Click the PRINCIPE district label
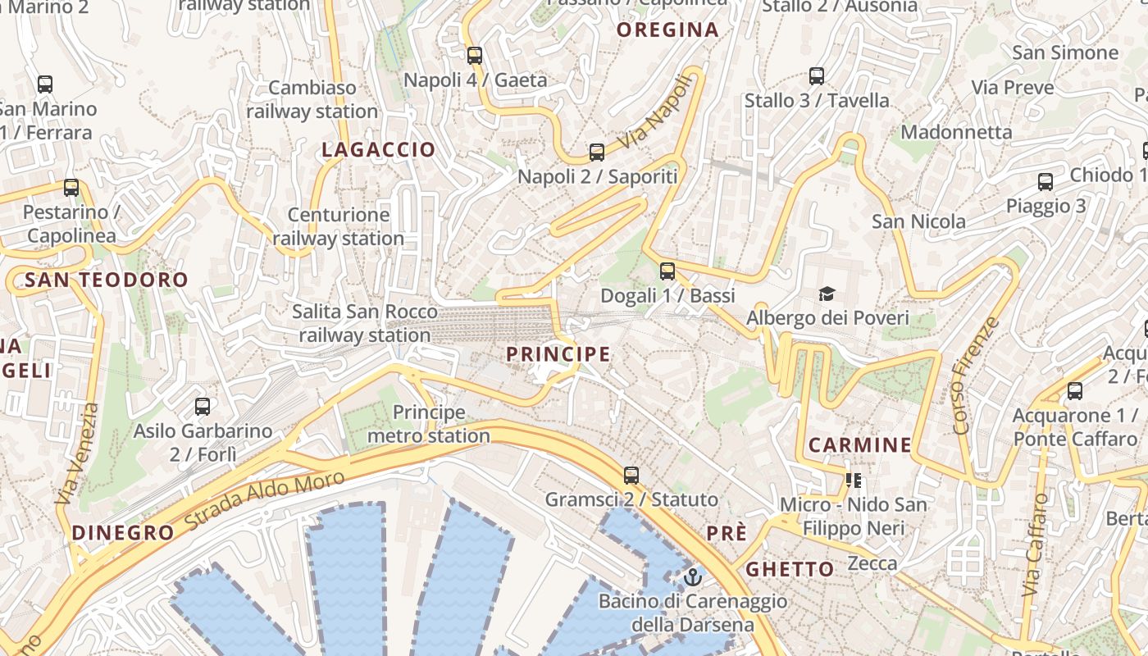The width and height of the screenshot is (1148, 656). [558, 354]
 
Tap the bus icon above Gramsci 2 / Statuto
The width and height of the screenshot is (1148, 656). [631, 475]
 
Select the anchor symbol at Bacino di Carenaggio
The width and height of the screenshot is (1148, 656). [693, 577]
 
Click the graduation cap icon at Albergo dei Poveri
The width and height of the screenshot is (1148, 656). [827, 294]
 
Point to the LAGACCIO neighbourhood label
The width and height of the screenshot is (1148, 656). [378, 149]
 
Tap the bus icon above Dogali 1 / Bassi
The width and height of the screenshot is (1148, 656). [667, 271]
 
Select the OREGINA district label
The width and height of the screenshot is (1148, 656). [667, 30]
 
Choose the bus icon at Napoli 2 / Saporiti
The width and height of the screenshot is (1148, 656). [597, 153]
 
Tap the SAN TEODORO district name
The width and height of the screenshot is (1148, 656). [107, 280]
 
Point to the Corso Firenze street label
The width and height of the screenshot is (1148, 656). [977, 375]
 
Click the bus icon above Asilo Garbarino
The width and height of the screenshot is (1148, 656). [203, 406]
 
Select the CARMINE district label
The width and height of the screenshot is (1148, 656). [859, 445]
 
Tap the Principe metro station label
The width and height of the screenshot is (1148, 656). [428, 424]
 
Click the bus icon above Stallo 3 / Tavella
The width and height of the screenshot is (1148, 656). [816, 76]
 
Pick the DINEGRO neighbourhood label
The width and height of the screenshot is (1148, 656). [123, 532]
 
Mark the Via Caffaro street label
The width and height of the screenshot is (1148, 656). [1035, 544]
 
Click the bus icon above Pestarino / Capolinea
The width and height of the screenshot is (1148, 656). [71, 188]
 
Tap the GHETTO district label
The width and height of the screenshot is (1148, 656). [790, 569]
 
